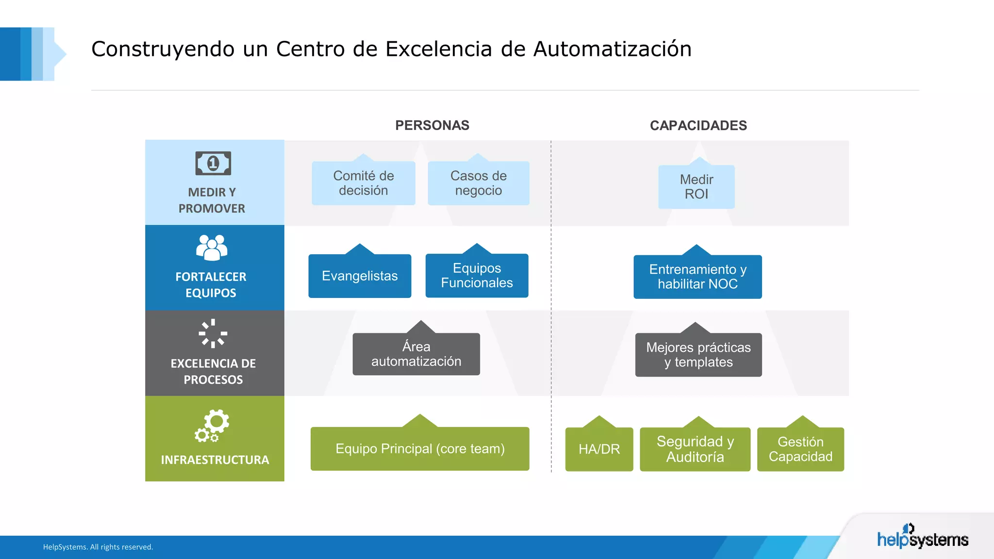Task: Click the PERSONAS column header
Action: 432,125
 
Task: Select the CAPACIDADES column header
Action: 698,126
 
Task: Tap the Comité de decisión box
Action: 363,183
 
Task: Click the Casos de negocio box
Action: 478,183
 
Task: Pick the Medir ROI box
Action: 696,187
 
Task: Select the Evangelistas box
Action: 360,276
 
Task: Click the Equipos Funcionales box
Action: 477,275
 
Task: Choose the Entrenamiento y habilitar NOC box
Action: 697,277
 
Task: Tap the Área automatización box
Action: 416,354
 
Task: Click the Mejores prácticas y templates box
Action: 698,355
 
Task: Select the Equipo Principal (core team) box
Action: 420,448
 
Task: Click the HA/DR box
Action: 599,449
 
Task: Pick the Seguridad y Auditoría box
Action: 695,449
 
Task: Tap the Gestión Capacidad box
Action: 800,449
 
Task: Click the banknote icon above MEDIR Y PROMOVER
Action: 213,163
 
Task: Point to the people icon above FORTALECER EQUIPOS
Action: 212,247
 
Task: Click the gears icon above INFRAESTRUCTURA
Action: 212,426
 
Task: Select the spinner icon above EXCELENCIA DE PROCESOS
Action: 213,333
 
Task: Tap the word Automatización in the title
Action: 613,49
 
